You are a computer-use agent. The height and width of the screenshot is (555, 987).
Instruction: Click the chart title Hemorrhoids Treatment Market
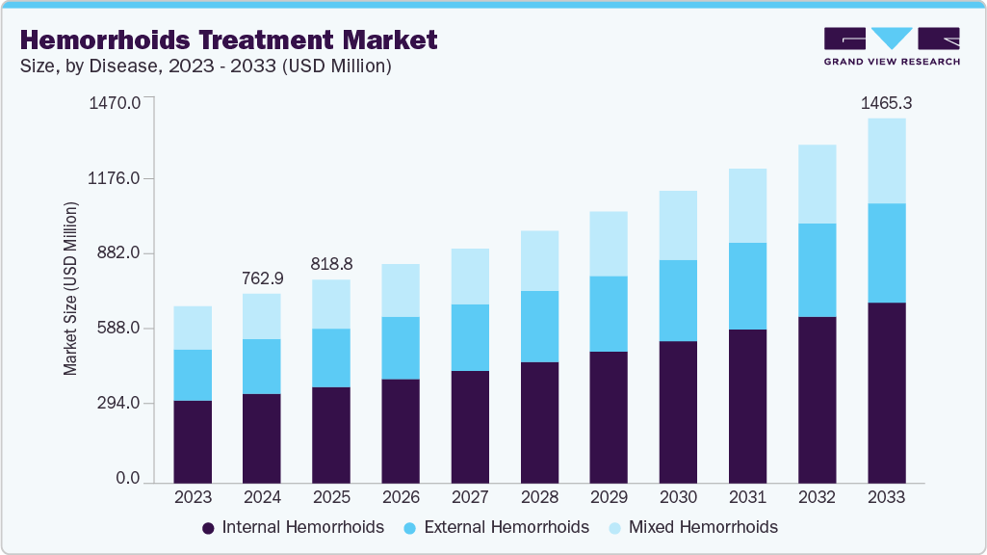(x=228, y=40)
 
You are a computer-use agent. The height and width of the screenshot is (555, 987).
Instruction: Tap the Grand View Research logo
(x=892, y=46)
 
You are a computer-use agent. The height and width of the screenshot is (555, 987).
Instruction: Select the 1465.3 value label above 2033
(x=886, y=103)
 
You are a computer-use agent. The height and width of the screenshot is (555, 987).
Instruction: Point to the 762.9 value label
(x=262, y=278)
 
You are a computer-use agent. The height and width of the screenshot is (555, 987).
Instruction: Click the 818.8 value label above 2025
(x=331, y=264)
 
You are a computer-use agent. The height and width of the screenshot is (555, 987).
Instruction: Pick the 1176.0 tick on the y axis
(x=115, y=178)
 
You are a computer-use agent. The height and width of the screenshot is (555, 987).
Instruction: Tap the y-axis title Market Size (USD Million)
(x=70, y=289)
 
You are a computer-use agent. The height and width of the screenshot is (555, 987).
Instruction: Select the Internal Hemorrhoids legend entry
(x=293, y=527)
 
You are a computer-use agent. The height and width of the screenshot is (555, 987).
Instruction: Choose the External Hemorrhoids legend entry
(x=495, y=527)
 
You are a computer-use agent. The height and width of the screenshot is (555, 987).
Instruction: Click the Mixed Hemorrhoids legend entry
(x=692, y=527)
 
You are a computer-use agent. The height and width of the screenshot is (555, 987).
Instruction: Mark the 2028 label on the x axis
(x=539, y=497)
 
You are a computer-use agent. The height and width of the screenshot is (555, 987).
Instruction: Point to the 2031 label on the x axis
(x=747, y=497)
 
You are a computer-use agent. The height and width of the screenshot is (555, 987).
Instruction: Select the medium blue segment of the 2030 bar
(x=678, y=301)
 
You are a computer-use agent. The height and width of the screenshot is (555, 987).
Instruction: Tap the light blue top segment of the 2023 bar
(x=193, y=328)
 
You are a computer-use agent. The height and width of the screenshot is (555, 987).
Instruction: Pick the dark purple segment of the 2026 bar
(x=401, y=431)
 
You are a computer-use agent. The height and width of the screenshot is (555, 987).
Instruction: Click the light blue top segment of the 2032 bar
(x=817, y=184)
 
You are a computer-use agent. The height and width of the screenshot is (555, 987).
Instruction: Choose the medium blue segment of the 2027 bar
(x=470, y=337)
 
